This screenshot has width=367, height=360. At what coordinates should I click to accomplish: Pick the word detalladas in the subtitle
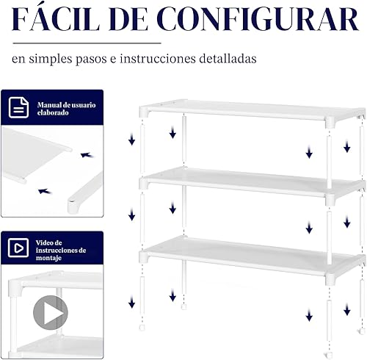227,58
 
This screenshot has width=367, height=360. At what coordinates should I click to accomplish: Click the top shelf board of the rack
250,110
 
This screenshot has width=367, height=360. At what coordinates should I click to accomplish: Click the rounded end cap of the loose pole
73,208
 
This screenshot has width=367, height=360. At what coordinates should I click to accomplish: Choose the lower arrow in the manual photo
44,191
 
